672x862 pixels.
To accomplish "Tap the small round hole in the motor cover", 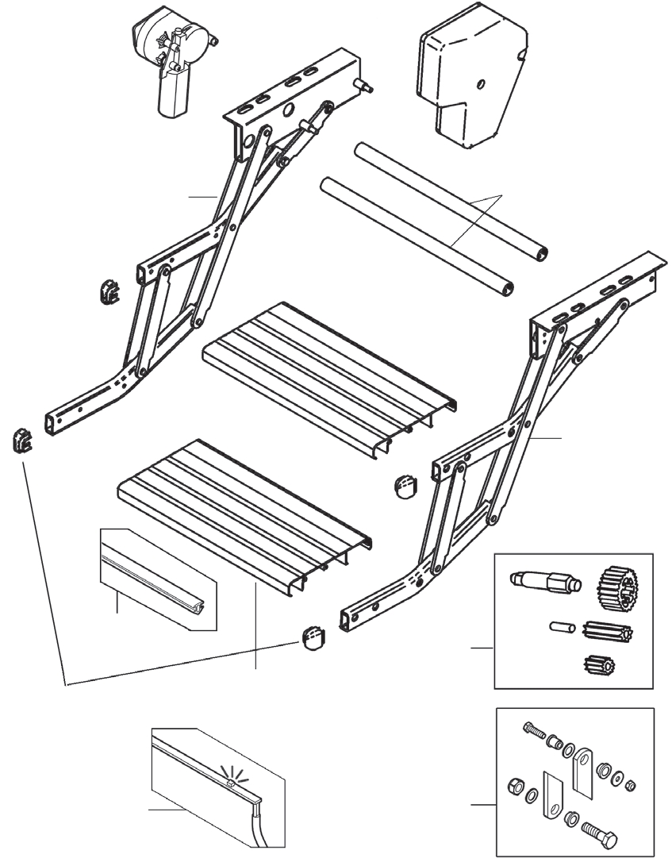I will click(480, 84).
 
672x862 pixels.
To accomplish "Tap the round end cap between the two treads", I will click(405, 484).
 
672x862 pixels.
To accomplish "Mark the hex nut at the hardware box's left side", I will click(513, 787).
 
